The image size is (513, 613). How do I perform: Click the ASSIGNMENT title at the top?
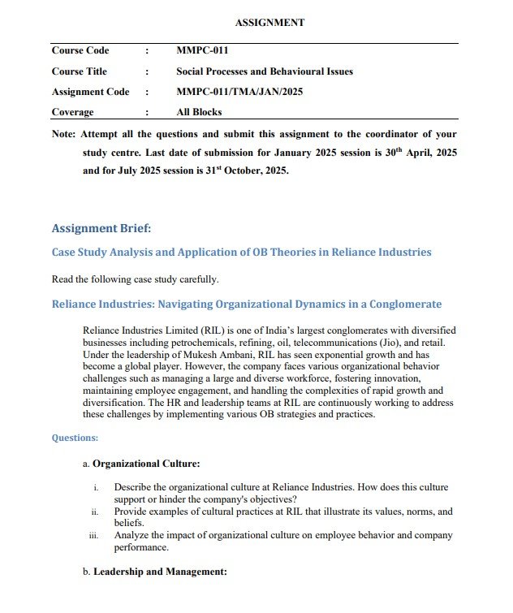coord(269,23)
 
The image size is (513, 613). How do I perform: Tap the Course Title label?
coord(80,71)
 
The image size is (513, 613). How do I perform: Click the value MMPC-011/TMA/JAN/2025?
coord(239,92)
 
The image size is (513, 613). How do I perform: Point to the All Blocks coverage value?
coord(199,112)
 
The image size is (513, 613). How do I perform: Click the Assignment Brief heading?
coord(101,227)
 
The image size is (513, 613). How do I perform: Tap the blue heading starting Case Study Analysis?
coord(241,252)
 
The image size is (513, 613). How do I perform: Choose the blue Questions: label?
coord(75,438)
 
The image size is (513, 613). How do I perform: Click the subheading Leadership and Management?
coord(160,572)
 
